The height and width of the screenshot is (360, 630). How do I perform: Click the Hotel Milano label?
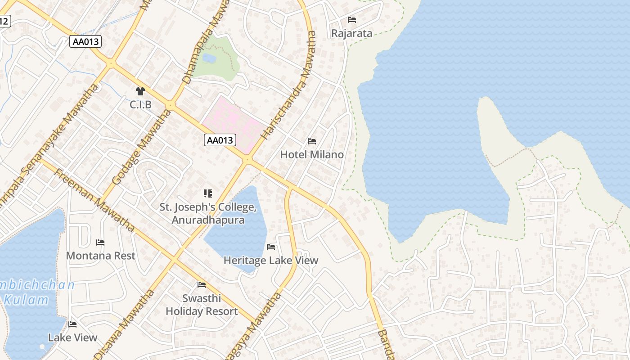pyautogui.click(x=312, y=154)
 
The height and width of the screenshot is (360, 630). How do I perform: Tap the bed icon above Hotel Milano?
pyautogui.click(x=312, y=141)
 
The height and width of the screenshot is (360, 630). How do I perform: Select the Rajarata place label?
pyautogui.click(x=352, y=33)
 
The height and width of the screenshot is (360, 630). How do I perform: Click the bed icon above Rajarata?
pyautogui.click(x=352, y=20)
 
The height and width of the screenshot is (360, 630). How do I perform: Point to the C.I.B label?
pyautogui.click(x=140, y=104)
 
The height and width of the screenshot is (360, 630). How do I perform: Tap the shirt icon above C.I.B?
pyautogui.click(x=140, y=91)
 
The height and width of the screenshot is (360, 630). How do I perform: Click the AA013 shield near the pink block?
pyautogui.click(x=220, y=140)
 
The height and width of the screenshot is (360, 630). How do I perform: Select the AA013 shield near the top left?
pyautogui.click(x=86, y=42)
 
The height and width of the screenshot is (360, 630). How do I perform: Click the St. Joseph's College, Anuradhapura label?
pyautogui.click(x=208, y=214)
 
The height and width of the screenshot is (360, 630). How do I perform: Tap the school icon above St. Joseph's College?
pyautogui.click(x=208, y=193)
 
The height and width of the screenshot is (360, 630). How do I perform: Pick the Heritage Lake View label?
pyautogui.click(x=271, y=260)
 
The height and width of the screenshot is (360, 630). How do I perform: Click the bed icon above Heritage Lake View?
pyautogui.click(x=271, y=247)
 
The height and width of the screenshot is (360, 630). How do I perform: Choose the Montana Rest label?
pyautogui.click(x=100, y=256)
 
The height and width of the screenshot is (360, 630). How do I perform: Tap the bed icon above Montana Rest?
pyautogui.click(x=100, y=243)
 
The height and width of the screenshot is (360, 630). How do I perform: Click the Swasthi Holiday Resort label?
pyautogui.click(x=202, y=305)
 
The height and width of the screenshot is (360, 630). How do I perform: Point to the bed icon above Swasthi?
pyautogui.click(x=202, y=285)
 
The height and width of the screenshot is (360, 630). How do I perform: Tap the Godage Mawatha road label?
pyautogui.click(x=140, y=147)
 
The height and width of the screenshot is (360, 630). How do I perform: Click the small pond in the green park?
pyautogui.click(x=209, y=58)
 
